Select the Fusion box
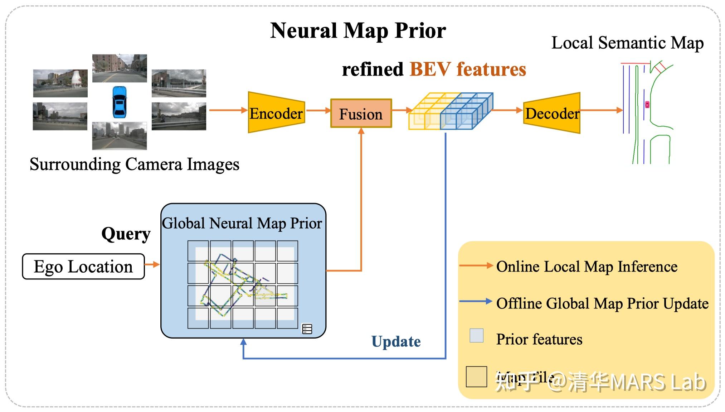(361, 114)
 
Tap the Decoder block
(551, 113)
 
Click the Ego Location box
(83, 267)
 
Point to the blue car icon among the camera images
(119, 102)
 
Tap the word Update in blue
(396, 341)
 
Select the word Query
(126, 234)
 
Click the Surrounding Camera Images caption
(134, 164)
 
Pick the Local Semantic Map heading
(627, 43)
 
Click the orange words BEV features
(468, 69)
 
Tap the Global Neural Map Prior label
(242, 223)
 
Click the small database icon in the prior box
(307, 329)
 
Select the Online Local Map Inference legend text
(587, 267)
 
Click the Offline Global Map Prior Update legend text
(602, 303)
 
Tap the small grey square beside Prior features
(476, 335)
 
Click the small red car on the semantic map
(647, 105)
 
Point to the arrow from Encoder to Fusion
(318, 110)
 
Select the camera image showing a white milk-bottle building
(60, 83)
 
